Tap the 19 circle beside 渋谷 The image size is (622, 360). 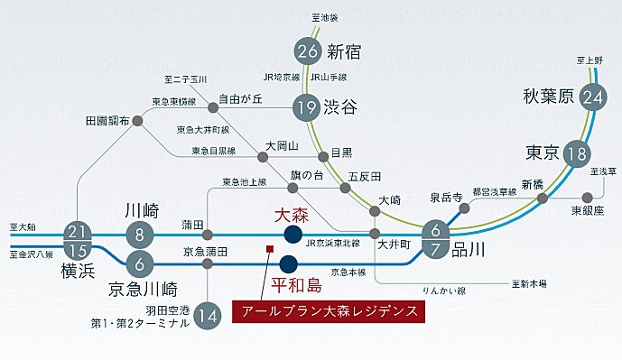pyautogui.click(x=308, y=107)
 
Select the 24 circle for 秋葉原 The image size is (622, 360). pyautogui.click(x=593, y=97)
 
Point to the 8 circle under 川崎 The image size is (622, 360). pyautogui.click(x=140, y=235)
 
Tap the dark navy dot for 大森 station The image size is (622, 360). pyautogui.click(x=293, y=235)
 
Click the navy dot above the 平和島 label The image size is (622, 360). pyautogui.click(x=288, y=264)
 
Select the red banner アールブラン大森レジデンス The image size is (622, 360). pyautogui.click(x=328, y=312)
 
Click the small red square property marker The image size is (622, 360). pyautogui.click(x=268, y=249)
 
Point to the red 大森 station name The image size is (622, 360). pyautogui.click(x=292, y=214)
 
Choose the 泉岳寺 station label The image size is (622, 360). pyautogui.click(x=446, y=196)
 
